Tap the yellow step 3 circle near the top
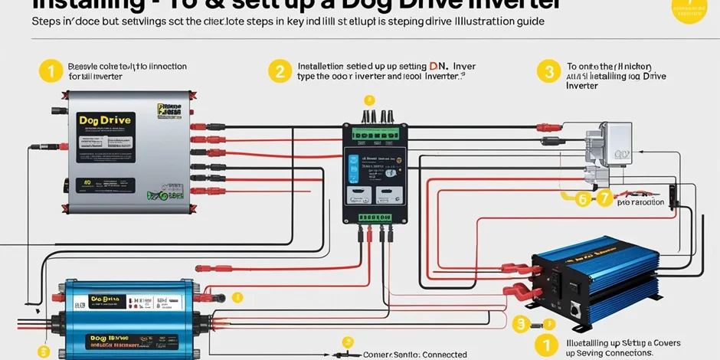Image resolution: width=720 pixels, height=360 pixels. (548, 72)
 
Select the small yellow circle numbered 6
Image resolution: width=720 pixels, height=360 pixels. (583, 199)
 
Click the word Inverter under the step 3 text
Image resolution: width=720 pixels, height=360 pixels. (582, 87)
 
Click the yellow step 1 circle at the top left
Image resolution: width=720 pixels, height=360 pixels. (49, 72)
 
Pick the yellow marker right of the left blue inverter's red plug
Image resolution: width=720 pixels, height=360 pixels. (237, 297)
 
